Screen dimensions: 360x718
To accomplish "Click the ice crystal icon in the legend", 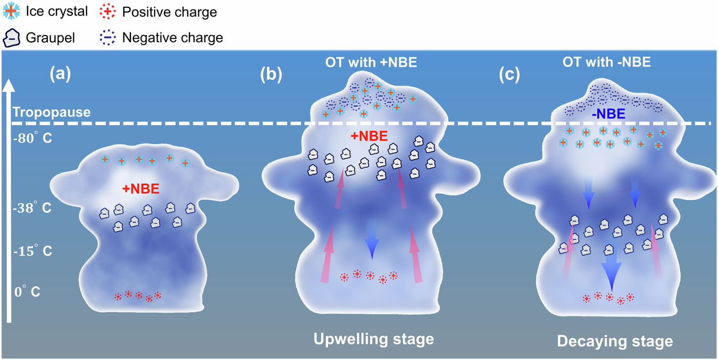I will (11, 11).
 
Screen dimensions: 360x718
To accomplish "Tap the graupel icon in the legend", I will (11, 37).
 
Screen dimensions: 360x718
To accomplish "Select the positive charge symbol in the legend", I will (108, 11).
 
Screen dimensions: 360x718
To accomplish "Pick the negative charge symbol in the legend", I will (108, 37).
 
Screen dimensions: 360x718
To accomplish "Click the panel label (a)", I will (60, 74).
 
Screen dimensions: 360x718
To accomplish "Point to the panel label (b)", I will (271, 74).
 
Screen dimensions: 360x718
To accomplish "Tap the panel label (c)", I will (509, 74).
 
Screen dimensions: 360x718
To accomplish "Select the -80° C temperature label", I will (32, 138).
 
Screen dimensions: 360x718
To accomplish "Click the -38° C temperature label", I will (32, 208).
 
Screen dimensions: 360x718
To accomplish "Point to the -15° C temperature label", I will (32, 251).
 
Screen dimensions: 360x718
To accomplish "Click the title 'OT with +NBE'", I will (371, 62).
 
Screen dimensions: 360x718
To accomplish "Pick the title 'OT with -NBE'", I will (607, 62).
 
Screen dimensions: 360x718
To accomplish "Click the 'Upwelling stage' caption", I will (373, 339).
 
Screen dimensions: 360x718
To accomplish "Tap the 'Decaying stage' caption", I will (615, 341).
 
